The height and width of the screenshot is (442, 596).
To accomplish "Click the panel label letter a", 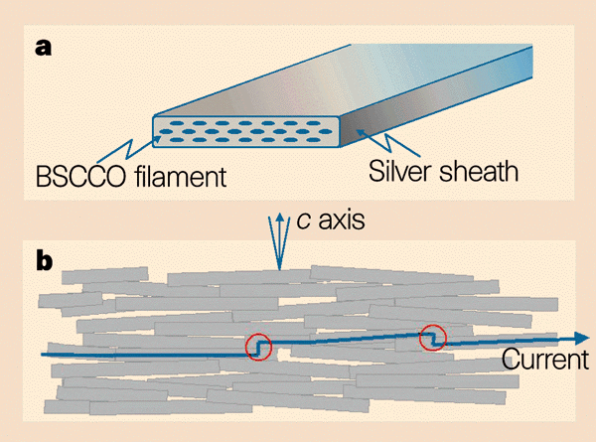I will (43, 46).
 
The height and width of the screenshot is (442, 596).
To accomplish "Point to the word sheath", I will (483, 171).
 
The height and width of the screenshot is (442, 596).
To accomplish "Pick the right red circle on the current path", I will (432, 338).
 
